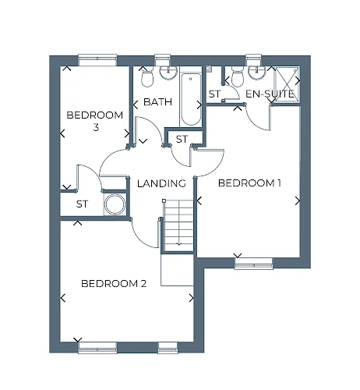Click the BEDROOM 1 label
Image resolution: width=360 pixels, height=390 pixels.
(x=249, y=183)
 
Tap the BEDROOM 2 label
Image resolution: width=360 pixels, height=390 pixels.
(x=114, y=283)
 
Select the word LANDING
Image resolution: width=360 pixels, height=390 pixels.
(x=161, y=183)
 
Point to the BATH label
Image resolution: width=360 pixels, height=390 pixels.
(x=157, y=101)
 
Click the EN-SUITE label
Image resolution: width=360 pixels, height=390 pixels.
(x=270, y=94)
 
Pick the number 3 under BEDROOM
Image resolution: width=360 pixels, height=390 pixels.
(x=96, y=127)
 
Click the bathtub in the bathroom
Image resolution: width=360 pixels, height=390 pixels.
(x=191, y=99)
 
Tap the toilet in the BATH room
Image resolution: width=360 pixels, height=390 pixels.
(x=147, y=76)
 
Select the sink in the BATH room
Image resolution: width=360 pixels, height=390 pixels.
(x=168, y=73)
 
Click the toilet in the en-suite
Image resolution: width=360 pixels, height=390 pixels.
(x=237, y=76)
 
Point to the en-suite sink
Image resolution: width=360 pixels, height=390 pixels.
(x=256, y=72)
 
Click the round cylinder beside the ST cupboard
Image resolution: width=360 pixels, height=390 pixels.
(x=115, y=204)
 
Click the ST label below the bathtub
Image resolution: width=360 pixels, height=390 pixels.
(x=182, y=140)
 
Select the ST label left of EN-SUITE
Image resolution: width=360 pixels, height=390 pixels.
(x=214, y=94)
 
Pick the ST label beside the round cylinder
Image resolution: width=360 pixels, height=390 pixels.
(x=82, y=204)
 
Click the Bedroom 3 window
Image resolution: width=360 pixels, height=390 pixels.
(x=97, y=60)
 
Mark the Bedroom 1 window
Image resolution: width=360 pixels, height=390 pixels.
(x=253, y=264)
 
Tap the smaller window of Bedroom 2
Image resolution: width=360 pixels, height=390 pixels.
(x=168, y=348)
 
